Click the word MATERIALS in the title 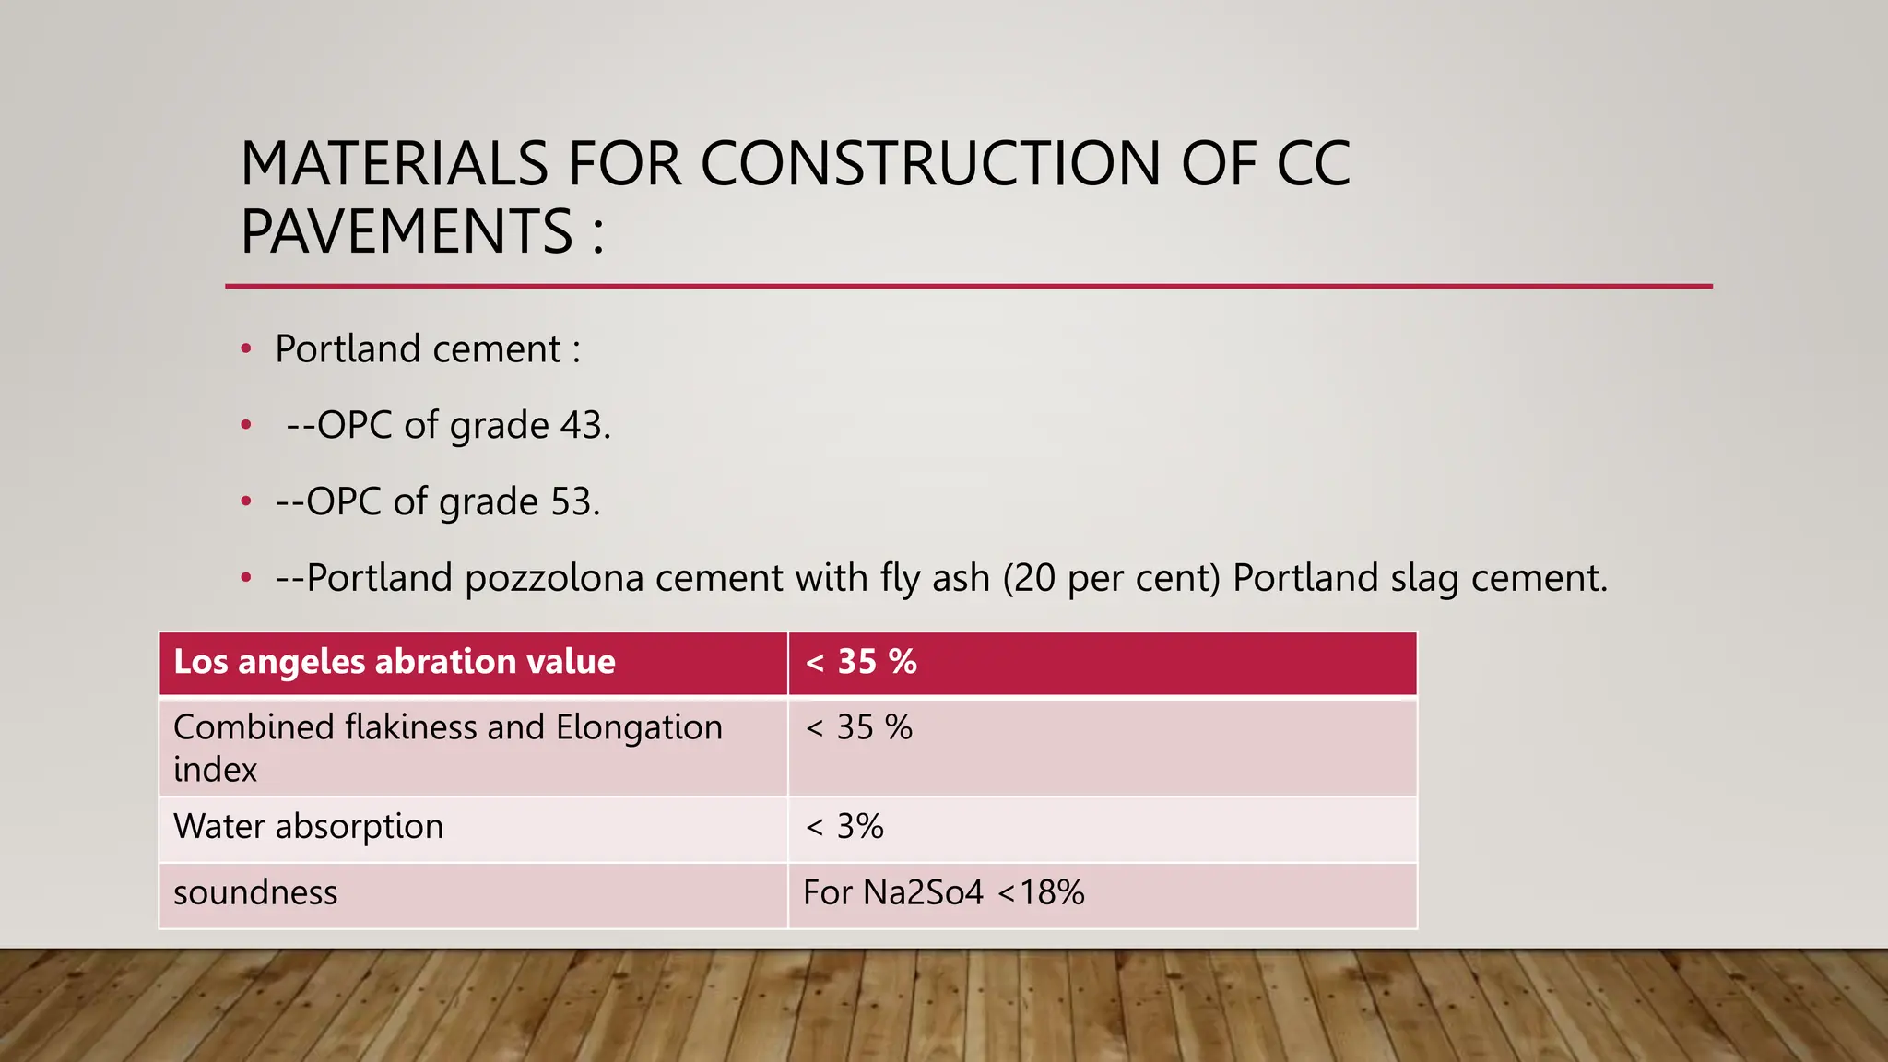point(395,164)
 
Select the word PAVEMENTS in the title point(407,231)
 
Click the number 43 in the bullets point(581,426)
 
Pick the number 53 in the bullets point(571,502)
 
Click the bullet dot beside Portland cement point(246,349)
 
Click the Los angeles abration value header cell point(395,662)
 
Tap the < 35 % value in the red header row point(861,662)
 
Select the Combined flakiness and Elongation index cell point(448,747)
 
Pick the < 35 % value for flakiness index point(859,728)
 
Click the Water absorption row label point(308,827)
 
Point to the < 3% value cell point(844,827)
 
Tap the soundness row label point(255,893)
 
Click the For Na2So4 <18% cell point(943,893)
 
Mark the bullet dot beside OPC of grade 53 point(246,502)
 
